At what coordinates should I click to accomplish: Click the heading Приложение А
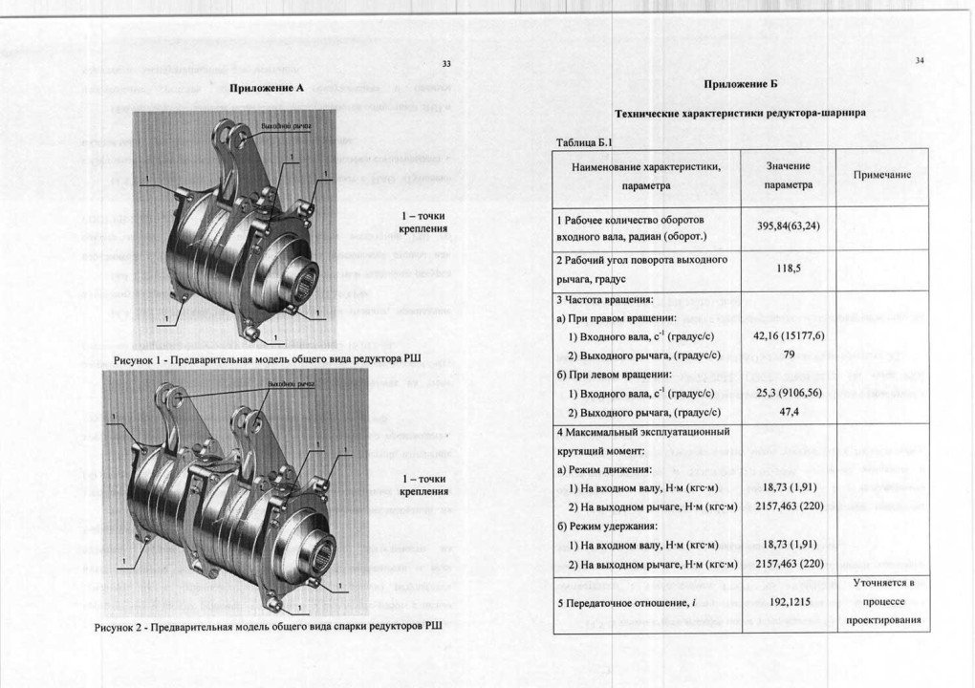coord(267,88)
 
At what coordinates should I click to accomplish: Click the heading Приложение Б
coord(741,84)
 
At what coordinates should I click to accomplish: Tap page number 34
coord(920,60)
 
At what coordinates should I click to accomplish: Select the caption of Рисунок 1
coord(268,360)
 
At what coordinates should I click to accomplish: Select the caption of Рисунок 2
coord(270,627)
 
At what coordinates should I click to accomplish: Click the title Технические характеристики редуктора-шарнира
coord(741,112)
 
